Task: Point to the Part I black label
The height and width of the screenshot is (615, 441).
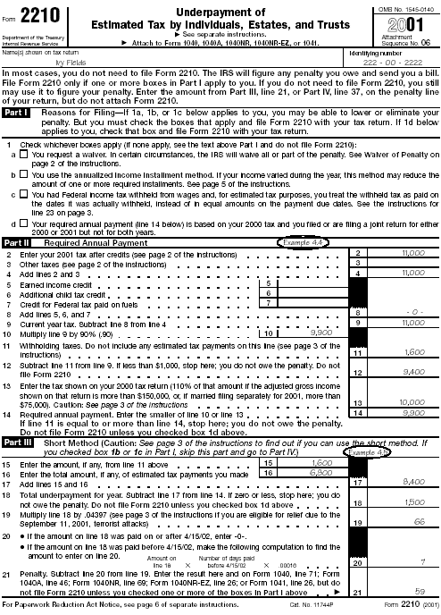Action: pos(18,113)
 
